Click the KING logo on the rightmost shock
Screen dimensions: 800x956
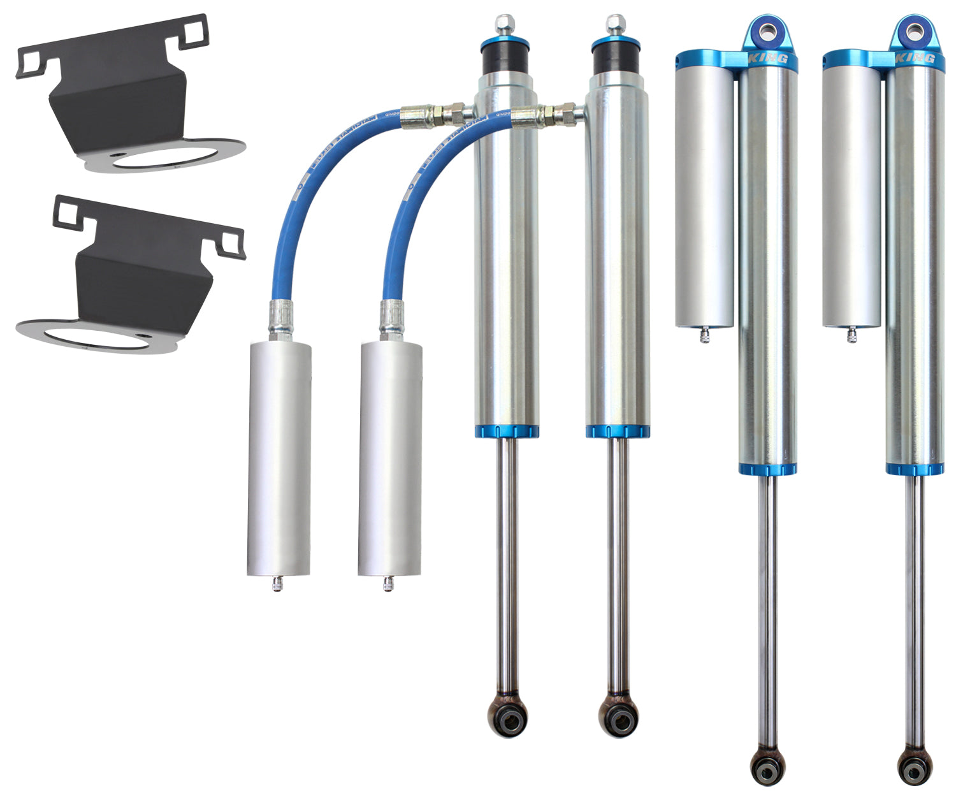pos(915,59)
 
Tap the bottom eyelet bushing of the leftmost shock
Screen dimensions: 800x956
pos(507,719)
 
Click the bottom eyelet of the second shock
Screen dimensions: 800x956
pos(618,719)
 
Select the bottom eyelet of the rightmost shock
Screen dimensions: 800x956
pos(915,768)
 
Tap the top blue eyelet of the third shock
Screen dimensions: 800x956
pos(769,29)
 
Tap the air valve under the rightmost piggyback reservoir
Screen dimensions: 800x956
pos(851,334)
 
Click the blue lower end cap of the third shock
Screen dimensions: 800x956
pos(767,470)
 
